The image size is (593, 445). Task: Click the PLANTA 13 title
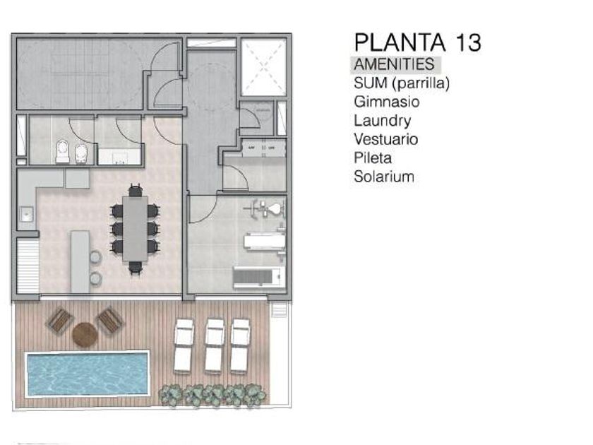point(417,42)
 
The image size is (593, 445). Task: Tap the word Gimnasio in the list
point(387,102)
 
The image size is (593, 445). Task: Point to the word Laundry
point(383,121)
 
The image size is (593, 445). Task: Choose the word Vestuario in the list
point(385,139)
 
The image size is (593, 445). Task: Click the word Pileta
point(373,158)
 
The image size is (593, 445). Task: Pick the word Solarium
point(384,177)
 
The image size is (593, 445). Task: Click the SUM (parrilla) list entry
point(402,83)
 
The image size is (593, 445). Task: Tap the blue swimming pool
point(87,374)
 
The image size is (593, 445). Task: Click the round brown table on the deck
point(85,335)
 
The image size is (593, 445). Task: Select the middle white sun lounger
point(215,346)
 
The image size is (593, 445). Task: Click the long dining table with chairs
point(135,229)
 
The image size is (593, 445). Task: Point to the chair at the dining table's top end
point(135,189)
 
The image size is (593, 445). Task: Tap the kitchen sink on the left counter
point(27,214)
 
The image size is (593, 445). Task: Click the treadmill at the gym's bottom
point(259,278)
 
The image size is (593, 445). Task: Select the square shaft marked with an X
point(263,67)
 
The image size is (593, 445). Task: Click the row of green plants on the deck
point(212,396)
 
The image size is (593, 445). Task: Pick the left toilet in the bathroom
point(62,152)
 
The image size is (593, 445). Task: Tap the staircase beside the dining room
point(28,266)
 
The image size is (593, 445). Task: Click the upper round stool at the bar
point(95,257)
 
